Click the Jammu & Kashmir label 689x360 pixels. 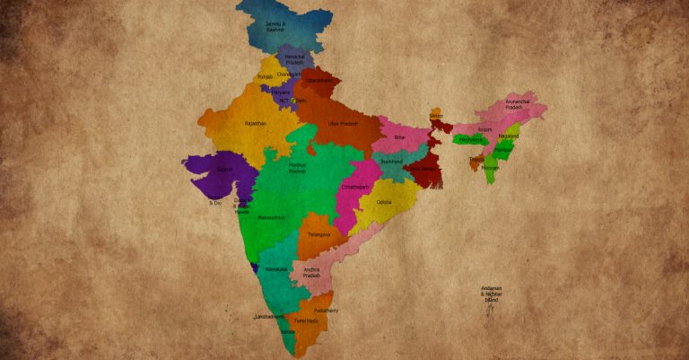pyautogui.click(x=275, y=26)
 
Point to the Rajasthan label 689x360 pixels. pyautogui.click(x=254, y=123)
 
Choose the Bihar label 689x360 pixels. pyautogui.click(x=400, y=137)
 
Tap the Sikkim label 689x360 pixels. pyautogui.click(x=436, y=116)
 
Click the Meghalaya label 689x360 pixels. pyautogui.click(x=468, y=140)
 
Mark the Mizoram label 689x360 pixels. pyautogui.click(x=490, y=168)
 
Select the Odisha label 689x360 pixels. pyautogui.click(x=384, y=203)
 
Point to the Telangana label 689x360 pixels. pyautogui.click(x=318, y=234)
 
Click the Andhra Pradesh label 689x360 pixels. pyautogui.click(x=311, y=271)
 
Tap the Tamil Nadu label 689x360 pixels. pyautogui.click(x=307, y=320)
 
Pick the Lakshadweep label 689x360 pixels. pyautogui.click(x=269, y=317)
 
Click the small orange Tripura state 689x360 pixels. pyautogui.click(x=475, y=162)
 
